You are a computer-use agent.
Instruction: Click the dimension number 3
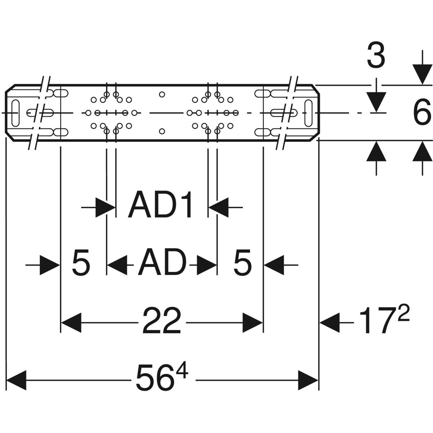pyautogui.click(x=376, y=57)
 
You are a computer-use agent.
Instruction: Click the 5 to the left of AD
pyautogui.click(x=81, y=263)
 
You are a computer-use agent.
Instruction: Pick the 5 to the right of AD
pyautogui.click(x=242, y=263)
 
